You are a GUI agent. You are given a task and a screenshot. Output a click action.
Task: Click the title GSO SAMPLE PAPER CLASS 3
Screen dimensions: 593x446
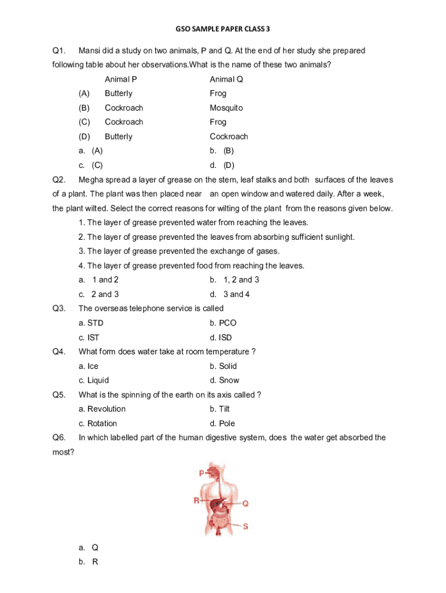(222, 28)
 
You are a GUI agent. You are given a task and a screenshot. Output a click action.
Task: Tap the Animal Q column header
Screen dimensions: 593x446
(226, 79)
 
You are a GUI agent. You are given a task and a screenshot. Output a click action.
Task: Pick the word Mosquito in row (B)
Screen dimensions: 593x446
(226, 108)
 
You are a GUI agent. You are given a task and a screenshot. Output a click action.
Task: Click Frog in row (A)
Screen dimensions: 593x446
(218, 93)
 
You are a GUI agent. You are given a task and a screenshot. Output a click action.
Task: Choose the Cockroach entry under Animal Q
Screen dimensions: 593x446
(229, 137)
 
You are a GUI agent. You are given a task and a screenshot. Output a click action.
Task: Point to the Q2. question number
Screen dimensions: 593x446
(59, 180)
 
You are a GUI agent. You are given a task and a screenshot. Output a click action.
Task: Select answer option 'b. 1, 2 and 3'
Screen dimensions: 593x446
(235, 280)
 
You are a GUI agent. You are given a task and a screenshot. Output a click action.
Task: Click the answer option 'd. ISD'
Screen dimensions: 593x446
(221, 337)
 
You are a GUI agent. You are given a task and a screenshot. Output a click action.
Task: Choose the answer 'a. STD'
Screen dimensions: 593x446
(91, 323)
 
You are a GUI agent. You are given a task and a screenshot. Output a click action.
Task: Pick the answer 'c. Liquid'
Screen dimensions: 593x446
(94, 380)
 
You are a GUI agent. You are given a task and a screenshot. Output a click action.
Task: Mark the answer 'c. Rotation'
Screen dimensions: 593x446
(98, 423)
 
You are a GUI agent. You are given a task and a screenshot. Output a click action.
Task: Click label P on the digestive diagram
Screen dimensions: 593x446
(202, 473)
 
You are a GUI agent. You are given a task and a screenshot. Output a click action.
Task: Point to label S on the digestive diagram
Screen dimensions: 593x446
(245, 526)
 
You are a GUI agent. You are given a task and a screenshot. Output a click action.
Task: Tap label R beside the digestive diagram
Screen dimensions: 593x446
(197, 500)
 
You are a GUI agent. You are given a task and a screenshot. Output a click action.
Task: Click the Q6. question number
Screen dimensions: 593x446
(59, 438)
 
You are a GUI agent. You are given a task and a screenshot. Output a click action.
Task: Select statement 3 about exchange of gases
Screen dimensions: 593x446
(179, 251)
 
